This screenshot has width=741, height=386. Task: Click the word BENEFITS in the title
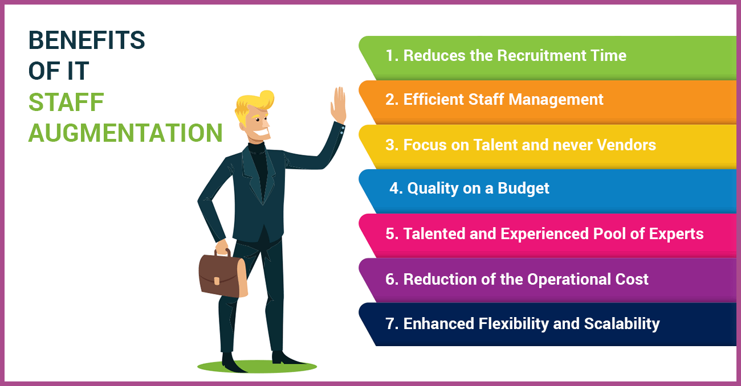click(87, 40)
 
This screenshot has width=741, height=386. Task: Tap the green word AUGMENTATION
click(125, 133)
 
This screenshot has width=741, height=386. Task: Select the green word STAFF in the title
click(66, 102)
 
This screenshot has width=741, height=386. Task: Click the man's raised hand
click(339, 105)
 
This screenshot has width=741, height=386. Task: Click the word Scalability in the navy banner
click(622, 324)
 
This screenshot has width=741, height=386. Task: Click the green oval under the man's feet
click(256, 366)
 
